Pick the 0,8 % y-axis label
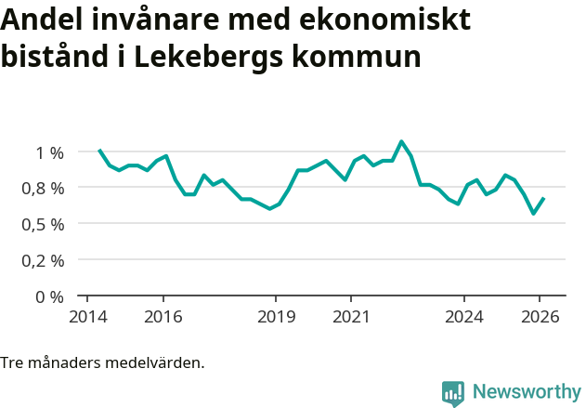[x=42, y=189]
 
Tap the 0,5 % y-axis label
[x=42, y=225]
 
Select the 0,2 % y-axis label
[x=42, y=261]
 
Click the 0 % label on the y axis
[x=49, y=296]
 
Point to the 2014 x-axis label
[x=87, y=316]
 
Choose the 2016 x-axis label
[x=163, y=316]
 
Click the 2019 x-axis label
[x=276, y=316]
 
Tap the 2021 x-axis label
[x=351, y=316]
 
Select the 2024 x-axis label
[x=464, y=316]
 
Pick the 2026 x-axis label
[x=540, y=316]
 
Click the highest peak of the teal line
[x=401, y=142]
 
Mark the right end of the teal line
[x=543, y=198]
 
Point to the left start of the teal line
[x=99, y=150]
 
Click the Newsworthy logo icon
[x=453, y=393]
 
